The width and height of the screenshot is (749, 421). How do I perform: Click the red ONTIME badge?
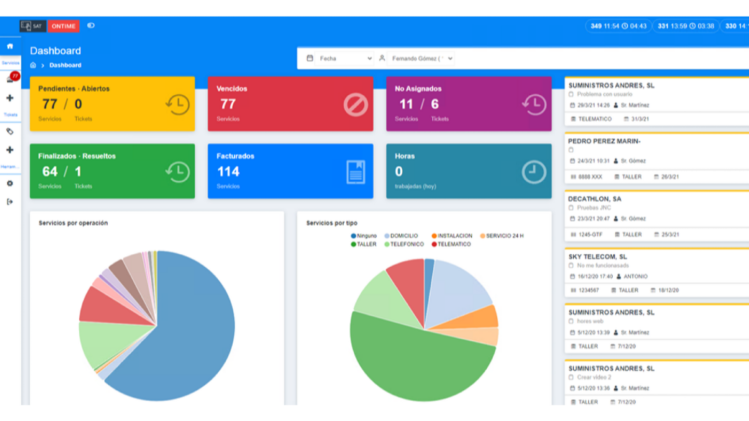pyautogui.click(x=63, y=26)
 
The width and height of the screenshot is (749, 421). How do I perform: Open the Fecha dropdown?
pyautogui.click(x=340, y=59)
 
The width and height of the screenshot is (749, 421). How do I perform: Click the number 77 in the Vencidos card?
pyautogui.click(x=228, y=104)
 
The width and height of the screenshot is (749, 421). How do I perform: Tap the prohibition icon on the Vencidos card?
pyautogui.click(x=355, y=105)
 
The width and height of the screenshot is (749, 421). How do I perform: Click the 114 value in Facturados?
pyautogui.click(x=228, y=171)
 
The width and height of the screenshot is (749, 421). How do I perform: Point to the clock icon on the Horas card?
pyautogui.click(x=533, y=172)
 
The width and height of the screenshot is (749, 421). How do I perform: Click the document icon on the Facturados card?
pyautogui.click(x=356, y=172)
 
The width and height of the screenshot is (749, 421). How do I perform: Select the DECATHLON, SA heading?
pyautogui.click(x=594, y=199)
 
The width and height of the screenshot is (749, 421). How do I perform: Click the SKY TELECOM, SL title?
pyautogui.click(x=597, y=257)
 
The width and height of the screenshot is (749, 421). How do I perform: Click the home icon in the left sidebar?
pyautogui.click(x=10, y=46)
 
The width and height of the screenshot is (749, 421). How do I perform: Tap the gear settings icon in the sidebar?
pyautogui.click(x=10, y=183)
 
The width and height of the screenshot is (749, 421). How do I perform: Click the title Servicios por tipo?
pyautogui.click(x=332, y=223)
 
